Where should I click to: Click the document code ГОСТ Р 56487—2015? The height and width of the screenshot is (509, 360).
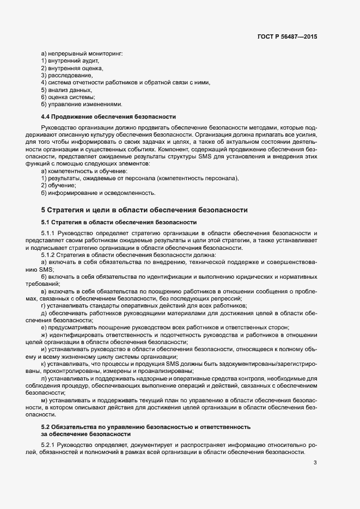[287, 36]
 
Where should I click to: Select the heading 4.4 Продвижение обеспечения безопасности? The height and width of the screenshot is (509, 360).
[108, 116]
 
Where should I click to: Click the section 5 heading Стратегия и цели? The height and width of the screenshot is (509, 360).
[144, 210]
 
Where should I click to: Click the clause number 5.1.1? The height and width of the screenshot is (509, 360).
[50, 234]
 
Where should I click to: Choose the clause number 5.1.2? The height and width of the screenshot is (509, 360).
[50, 255]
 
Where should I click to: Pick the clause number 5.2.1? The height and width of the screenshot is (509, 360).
[50, 445]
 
